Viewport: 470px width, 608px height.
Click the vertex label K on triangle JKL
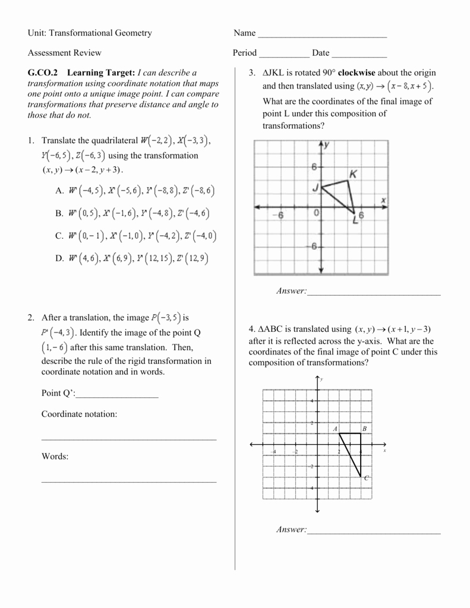(354, 174)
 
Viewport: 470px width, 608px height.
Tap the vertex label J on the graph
(316, 188)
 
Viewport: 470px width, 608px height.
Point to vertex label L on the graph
(355, 220)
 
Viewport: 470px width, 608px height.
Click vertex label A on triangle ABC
(335, 428)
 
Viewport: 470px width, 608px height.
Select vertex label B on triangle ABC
(364, 428)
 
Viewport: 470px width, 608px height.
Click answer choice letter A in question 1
(59, 191)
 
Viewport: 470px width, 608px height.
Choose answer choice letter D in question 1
(59, 259)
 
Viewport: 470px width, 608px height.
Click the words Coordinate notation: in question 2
(79, 414)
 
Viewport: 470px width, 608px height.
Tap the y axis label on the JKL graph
(327, 144)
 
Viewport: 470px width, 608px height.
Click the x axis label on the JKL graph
(384, 199)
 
